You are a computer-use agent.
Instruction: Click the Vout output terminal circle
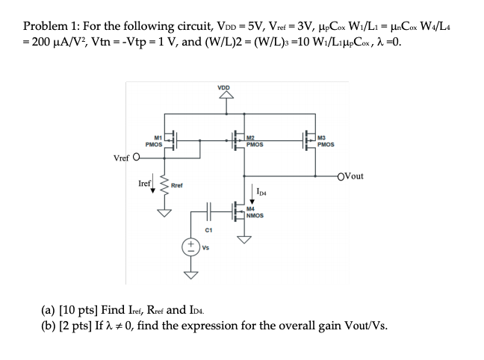tap(341, 176)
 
